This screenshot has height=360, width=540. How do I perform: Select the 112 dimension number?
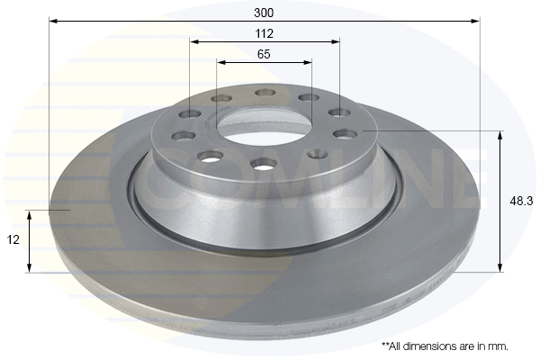[264, 32]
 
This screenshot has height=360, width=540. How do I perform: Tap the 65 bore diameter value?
[264, 54]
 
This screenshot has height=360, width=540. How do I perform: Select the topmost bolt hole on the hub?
[265, 92]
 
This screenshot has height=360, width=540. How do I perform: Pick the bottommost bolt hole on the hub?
[264, 163]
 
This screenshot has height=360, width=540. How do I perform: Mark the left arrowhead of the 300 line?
[52, 20]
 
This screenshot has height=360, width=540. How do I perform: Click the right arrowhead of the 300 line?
[476, 20]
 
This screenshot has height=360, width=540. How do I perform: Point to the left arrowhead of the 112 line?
[193, 41]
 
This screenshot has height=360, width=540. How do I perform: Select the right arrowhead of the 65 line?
[309, 63]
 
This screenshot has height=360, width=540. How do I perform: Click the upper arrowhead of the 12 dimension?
[30, 215]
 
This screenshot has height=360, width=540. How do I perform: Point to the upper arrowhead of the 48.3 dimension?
[500, 134]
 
